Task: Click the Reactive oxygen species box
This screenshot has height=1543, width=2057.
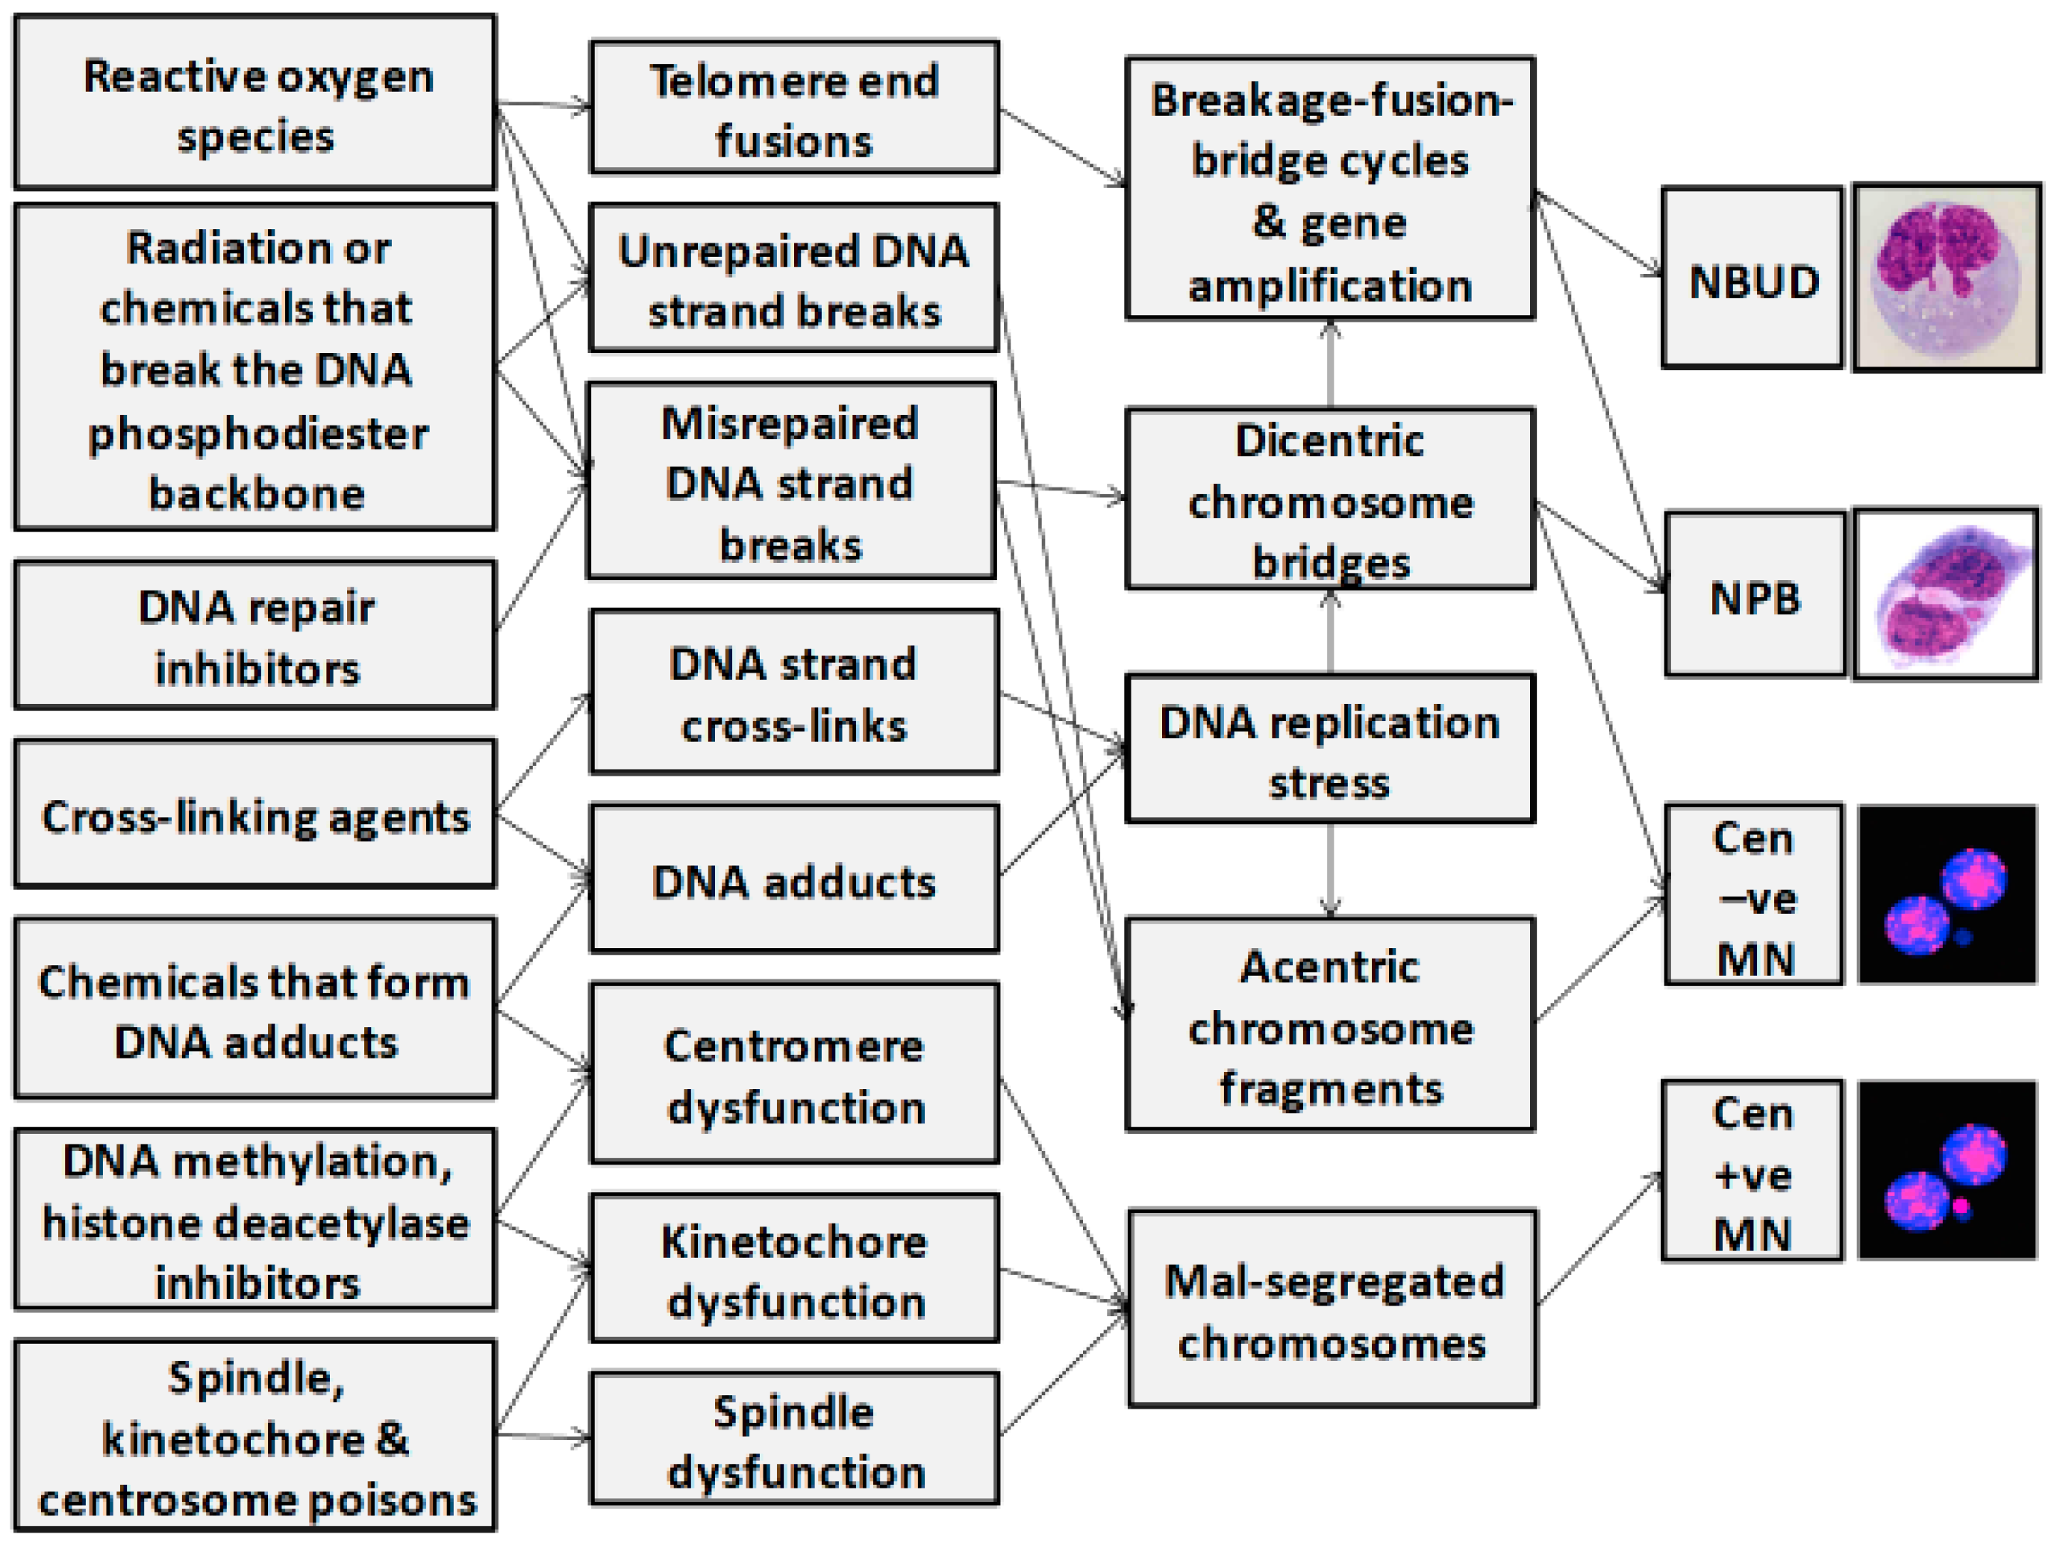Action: (255, 102)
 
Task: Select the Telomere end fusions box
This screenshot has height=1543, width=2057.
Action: (794, 108)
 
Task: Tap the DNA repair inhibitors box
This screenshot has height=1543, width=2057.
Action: (255, 635)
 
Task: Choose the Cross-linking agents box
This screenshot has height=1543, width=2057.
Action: (255, 814)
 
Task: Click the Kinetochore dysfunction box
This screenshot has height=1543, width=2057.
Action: (794, 1270)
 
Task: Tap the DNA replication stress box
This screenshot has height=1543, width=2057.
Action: (1330, 749)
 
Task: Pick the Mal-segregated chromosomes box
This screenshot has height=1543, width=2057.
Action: (1332, 1309)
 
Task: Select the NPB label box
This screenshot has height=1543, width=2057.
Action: (1755, 595)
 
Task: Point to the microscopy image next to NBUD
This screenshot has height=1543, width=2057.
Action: (1947, 277)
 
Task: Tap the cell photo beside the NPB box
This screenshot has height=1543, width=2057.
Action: (1947, 594)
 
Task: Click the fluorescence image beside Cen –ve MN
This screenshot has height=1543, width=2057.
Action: (1947, 895)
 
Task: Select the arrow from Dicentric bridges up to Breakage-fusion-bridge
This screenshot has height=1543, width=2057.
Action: (1331, 364)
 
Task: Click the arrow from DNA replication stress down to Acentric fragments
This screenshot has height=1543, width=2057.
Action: (1331, 870)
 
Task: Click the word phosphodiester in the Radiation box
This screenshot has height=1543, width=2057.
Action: (257, 434)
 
